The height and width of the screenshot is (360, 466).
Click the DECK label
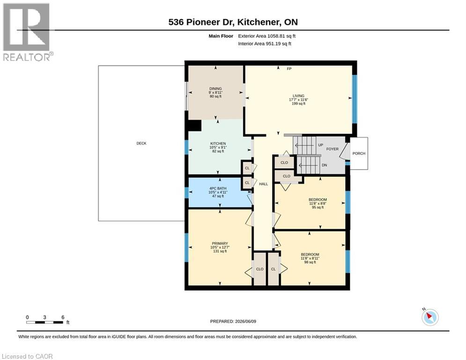pyautogui.click(x=141, y=143)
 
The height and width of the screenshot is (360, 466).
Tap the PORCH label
pyautogui.click(x=359, y=153)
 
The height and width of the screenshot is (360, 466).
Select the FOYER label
pyautogui.click(x=332, y=149)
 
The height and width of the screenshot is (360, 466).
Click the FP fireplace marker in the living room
pyautogui.click(x=289, y=69)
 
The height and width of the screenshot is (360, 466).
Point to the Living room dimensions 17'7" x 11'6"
pyautogui.click(x=298, y=100)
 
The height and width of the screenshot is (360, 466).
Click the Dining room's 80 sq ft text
pyautogui.click(x=215, y=97)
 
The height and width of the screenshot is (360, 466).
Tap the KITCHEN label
pyautogui.click(x=218, y=143)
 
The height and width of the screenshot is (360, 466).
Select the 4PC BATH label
pyautogui.click(x=218, y=188)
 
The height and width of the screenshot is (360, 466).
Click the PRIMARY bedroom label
pyautogui.click(x=220, y=243)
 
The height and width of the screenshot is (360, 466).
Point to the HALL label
pyautogui.click(x=263, y=184)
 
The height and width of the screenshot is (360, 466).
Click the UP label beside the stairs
pyautogui.click(x=320, y=145)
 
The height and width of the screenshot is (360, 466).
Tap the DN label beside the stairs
pyautogui.click(x=324, y=165)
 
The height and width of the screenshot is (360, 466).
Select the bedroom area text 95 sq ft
pyautogui.click(x=318, y=207)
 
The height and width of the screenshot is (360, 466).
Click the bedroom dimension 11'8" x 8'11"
pyautogui.click(x=310, y=258)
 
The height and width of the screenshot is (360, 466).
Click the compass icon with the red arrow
pyautogui.click(x=430, y=317)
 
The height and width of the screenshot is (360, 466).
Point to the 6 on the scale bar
pyautogui.click(x=63, y=317)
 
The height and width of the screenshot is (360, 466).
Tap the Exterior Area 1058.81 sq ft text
pyautogui.click(x=266, y=36)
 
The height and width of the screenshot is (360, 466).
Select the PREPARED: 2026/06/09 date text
pyautogui.click(x=233, y=321)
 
